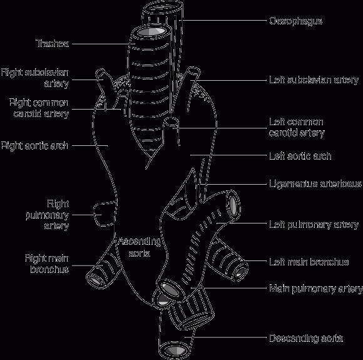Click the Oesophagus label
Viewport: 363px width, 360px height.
point(295,21)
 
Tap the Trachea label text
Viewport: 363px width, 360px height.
point(53,44)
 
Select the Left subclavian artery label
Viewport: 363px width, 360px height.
point(314,80)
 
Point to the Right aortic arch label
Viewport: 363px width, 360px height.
point(34,146)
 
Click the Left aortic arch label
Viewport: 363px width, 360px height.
point(300,156)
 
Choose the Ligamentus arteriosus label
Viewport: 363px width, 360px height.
point(315,184)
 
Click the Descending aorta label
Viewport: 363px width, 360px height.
point(306,339)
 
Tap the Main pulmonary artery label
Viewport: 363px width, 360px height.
point(316,289)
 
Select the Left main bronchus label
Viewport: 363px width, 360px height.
point(309,262)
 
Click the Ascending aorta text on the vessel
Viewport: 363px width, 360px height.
point(139,247)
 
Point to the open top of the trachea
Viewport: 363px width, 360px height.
point(151,32)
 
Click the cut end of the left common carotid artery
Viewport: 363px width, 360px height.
point(171,122)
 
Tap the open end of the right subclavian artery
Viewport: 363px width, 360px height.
point(100,73)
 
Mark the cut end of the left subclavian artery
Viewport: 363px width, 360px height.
point(193,73)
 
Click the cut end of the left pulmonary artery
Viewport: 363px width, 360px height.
point(234,204)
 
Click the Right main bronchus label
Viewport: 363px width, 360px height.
point(47,264)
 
